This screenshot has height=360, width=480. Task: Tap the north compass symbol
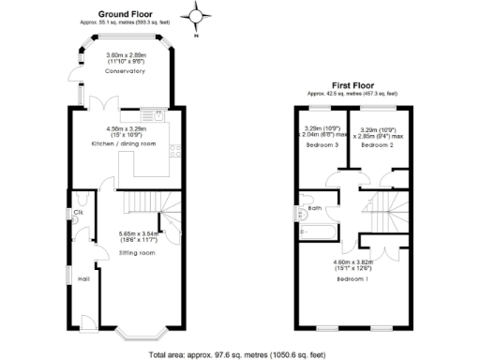[195, 16]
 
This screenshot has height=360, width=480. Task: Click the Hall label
[83, 278]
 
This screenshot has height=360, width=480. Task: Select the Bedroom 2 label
[377, 147]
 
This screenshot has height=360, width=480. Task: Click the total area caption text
[240, 354]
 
